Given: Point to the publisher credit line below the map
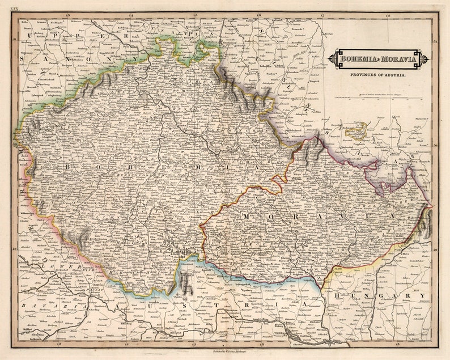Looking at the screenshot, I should coord(225,351).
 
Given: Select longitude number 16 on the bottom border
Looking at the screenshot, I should coord(258,344).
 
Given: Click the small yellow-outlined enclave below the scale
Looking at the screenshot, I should coord(356,132).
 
